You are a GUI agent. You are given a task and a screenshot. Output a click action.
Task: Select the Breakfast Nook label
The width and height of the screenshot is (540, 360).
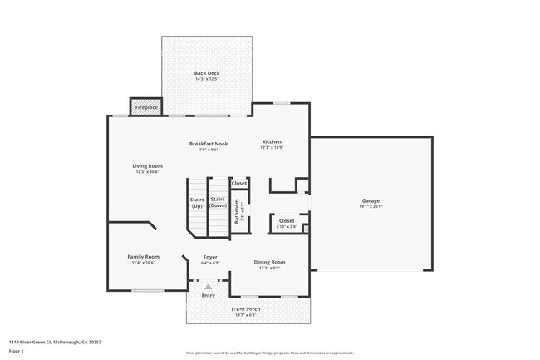point(209,144)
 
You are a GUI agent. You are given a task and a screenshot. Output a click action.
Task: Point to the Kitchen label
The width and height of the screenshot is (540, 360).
point(272,142)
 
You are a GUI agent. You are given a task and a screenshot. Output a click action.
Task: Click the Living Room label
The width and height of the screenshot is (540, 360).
point(146,166)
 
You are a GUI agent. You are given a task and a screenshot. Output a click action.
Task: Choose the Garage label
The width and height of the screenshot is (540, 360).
point(371,201)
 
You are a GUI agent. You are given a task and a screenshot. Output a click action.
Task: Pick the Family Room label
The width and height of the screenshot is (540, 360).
point(143,257)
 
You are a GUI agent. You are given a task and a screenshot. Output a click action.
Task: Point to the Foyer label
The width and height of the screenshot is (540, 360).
point(210,257)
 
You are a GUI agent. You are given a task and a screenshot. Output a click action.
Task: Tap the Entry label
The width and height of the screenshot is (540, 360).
point(208,295)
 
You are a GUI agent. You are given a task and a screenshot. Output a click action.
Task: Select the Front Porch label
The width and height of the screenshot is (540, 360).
point(246,309)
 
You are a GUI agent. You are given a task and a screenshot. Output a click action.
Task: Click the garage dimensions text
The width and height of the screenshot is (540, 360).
point(371,207)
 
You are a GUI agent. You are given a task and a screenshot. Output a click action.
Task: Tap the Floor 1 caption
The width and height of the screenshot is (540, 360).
point(17,350)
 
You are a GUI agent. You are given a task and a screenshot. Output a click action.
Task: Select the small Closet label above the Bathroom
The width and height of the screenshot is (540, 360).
point(239,183)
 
